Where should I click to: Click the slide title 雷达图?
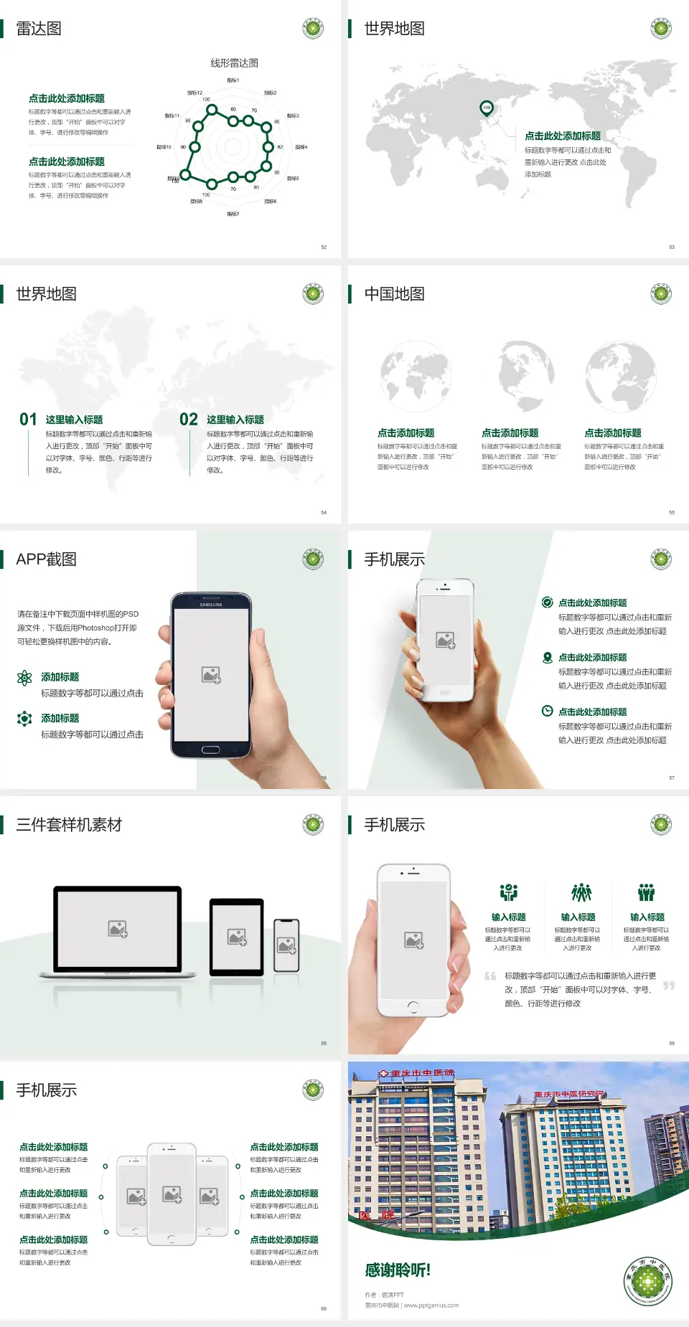39,29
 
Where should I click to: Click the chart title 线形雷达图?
234,63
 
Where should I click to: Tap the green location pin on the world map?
487,108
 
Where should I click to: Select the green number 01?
28,420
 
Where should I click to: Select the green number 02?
189,420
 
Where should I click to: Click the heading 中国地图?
394,294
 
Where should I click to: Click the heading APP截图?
46,559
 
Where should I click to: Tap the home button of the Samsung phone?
210,750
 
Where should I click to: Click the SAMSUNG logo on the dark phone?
211,605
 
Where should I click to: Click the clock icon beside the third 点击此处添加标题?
547,711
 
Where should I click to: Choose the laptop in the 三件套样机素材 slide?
118,932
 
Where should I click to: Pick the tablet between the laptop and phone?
237,936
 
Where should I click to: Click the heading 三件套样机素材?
69,825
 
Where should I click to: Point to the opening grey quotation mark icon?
490,976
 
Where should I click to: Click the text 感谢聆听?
398,1270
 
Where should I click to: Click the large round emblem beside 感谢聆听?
647,1281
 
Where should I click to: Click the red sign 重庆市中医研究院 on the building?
569,1095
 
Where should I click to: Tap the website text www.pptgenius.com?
431,1305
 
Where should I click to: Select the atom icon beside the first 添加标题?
24,678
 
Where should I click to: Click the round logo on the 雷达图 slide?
313,29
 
